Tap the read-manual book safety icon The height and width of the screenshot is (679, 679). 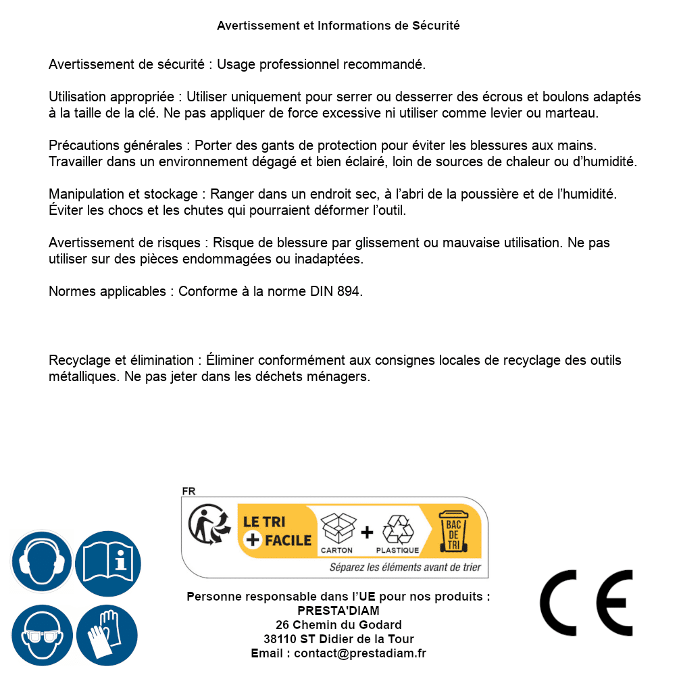pos(108,561)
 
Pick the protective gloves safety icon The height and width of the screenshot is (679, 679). pos(108,635)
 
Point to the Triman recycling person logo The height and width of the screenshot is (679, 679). pos(207,525)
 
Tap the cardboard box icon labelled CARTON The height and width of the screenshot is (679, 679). pos(336,527)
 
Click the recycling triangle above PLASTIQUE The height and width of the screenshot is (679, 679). pos(397,529)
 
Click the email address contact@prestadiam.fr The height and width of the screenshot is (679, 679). pos(360,653)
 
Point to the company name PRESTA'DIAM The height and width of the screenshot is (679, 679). pos(338,611)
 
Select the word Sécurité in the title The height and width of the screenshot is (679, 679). pos(435,26)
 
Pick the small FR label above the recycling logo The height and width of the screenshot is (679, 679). pos(188,491)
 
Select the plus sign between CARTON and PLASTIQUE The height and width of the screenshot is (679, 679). pos(367,532)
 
